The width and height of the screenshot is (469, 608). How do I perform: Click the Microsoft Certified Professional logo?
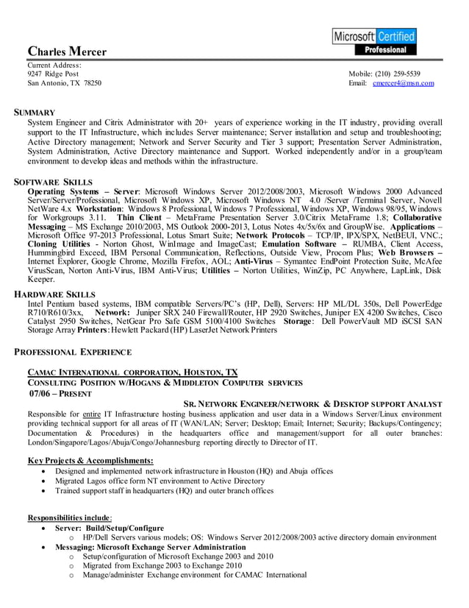pos(374,42)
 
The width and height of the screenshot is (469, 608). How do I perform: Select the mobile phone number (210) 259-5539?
pos(397,74)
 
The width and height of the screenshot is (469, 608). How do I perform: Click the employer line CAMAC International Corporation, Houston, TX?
pos(132,372)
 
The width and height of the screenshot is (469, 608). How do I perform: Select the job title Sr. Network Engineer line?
pos(312,404)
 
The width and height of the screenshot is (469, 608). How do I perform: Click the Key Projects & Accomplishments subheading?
pos(90,460)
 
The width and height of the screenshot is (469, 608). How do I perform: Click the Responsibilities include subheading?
pos(70,517)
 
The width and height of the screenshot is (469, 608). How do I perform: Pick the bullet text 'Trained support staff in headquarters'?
pos(165,490)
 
